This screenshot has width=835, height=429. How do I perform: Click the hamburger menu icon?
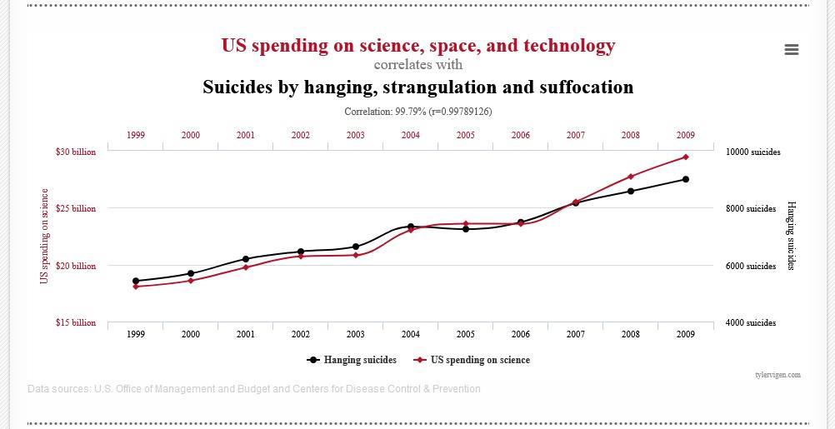tap(792, 50)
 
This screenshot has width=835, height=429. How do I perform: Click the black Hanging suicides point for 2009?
tap(686, 179)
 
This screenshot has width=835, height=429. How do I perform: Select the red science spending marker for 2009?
tap(686, 157)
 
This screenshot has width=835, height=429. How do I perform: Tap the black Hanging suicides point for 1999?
tap(136, 281)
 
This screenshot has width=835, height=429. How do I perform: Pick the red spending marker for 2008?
tap(631, 177)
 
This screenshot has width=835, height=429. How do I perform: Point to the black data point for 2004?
tap(411, 227)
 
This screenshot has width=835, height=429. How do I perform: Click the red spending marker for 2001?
tap(246, 267)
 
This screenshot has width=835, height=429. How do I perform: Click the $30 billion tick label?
tap(76, 152)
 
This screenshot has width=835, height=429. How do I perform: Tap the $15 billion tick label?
tap(76, 322)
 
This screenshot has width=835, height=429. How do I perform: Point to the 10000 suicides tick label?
tap(752, 152)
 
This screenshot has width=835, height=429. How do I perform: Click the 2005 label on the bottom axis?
tap(466, 334)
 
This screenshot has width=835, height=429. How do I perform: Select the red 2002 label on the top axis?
tap(301, 135)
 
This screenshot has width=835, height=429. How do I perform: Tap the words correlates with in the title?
tap(418, 65)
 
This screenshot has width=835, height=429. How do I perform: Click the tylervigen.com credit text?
tap(777, 375)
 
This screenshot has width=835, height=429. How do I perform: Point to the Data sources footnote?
tap(253, 388)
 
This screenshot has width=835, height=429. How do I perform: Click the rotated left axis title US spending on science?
tap(45, 236)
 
